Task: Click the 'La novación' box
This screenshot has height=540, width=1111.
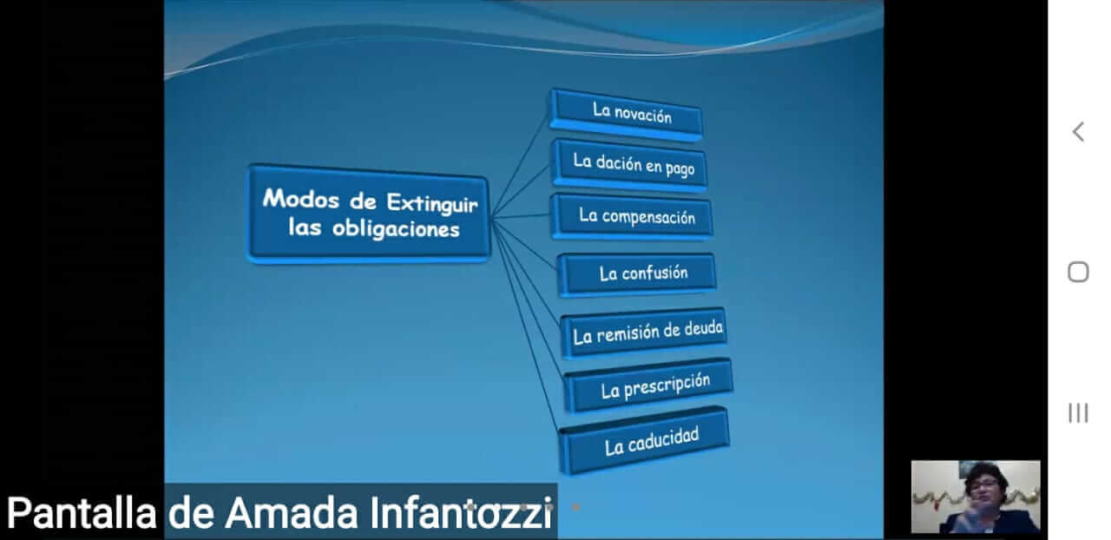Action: tap(626, 115)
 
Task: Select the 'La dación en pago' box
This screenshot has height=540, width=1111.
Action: tap(630, 165)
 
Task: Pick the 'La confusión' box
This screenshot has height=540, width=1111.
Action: tap(637, 274)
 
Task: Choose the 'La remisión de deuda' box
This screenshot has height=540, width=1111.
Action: tap(644, 333)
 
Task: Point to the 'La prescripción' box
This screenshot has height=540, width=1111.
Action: tap(648, 385)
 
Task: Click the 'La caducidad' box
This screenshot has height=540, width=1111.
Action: tap(644, 440)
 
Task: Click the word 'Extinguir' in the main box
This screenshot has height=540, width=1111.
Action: tap(432, 204)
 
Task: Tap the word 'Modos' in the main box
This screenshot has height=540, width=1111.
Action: tap(301, 199)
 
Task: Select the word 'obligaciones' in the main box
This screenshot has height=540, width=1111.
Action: tap(396, 229)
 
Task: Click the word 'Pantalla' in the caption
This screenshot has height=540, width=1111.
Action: tap(82, 513)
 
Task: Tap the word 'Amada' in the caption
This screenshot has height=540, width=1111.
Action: tap(291, 513)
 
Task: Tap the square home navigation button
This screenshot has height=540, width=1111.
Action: tap(1078, 272)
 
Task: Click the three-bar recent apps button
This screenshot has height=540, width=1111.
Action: tap(1078, 413)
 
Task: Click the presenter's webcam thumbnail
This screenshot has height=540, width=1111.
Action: tap(976, 497)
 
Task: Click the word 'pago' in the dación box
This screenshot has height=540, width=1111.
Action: tap(680, 169)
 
